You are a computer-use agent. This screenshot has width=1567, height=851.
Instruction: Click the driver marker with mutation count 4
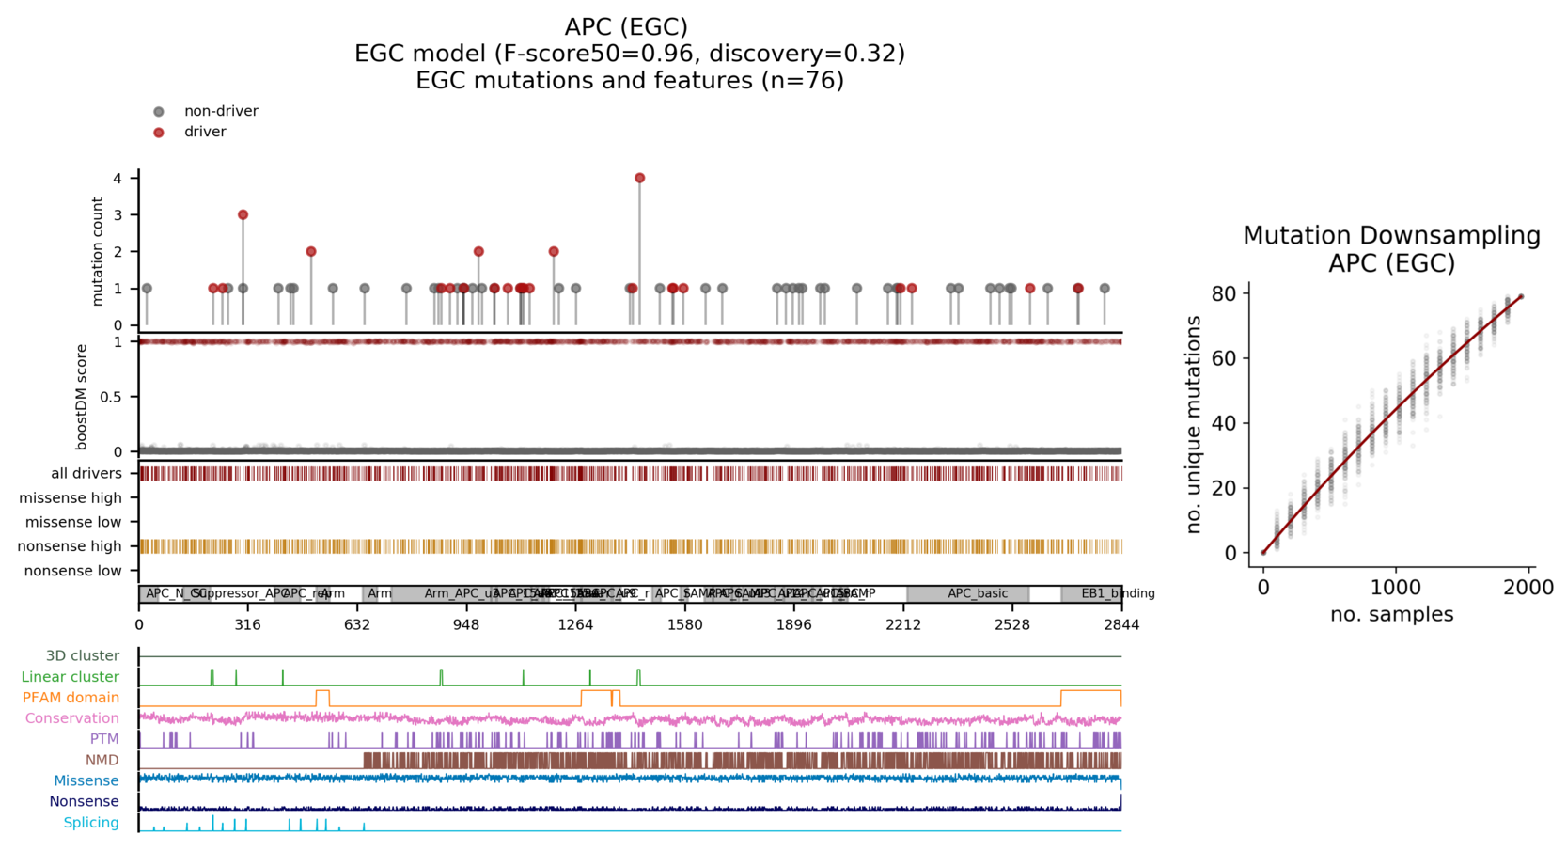pos(639,178)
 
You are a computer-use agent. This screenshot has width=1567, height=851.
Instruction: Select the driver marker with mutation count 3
pos(243,214)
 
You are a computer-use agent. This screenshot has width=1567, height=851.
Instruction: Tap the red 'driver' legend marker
pos(159,133)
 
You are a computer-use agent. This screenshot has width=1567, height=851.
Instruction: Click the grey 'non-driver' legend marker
pos(159,112)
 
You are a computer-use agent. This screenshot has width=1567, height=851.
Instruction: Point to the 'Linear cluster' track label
pos(71,677)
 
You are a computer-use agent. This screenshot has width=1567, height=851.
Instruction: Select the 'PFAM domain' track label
pos(71,698)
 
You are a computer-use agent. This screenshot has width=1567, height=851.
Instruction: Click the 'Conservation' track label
pos(72,718)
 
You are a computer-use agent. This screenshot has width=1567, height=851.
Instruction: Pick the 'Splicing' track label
pos(91,823)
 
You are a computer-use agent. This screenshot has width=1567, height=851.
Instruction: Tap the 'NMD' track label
pos(102,760)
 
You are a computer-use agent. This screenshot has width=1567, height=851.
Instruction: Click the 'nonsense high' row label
pos(70,546)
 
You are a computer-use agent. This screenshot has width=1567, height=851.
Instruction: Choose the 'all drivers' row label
pos(86,473)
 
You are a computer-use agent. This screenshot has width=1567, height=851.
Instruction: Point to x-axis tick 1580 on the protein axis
pos(684,625)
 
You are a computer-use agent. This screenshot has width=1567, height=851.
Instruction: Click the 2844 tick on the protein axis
pos(1121,625)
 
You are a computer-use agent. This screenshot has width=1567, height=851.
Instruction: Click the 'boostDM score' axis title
pos(82,397)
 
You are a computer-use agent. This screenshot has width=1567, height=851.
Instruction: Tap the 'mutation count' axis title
pos(98,251)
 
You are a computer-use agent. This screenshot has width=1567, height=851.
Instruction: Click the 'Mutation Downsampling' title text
pos(1391,236)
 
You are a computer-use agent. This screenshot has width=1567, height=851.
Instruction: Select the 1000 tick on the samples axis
pos(1396,588)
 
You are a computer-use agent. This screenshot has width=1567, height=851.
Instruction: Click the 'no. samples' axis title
pos(1391,615)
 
